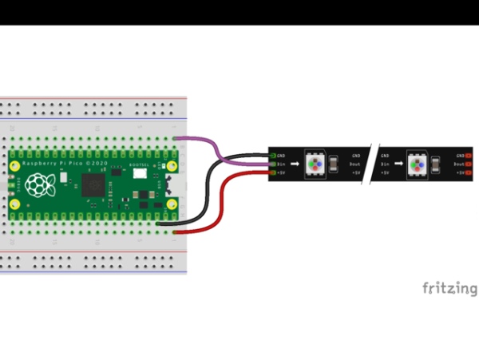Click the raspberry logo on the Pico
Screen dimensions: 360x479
[36, 185]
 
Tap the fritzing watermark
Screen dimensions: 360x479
[449, 288]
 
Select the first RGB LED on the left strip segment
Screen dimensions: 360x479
[315, 164]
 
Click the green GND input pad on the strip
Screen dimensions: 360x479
[274, 155]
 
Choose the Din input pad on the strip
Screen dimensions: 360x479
[274, 164]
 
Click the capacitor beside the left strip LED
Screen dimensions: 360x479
[335, 164]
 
